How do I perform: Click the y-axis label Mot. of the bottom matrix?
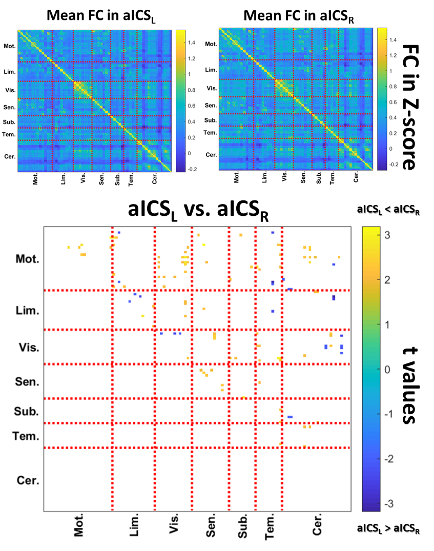pos(27,259)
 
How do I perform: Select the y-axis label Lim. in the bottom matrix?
pos(27,311)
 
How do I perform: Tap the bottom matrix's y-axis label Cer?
pos(27,481)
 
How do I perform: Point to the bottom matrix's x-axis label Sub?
pos(242,526)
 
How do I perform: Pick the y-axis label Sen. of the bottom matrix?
pos(27,382)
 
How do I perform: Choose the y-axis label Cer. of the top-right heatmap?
pos(211,155)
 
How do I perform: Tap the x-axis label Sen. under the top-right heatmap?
pos(303,178)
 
